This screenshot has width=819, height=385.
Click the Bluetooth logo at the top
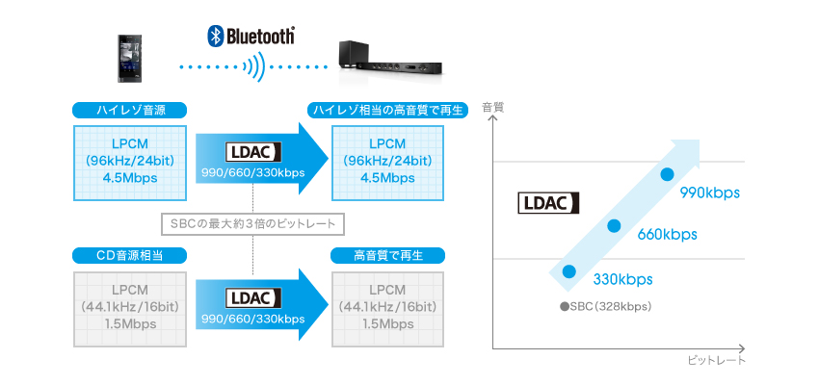click(x=251, y=37)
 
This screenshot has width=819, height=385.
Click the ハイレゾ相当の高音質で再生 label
click(x=387, y=109)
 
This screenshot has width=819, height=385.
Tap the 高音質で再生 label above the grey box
click(x=387, y=255)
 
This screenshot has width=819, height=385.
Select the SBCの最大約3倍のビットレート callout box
click(x=252, y=224)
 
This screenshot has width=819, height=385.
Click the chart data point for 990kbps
click(x=667, y=174)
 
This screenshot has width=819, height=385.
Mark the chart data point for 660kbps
click(x=613, y=225)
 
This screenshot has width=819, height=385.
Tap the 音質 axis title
click(x=492, y=107)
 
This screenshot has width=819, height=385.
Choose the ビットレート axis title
click(x=717, y=361)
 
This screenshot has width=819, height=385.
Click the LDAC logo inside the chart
click(x=548, y=202)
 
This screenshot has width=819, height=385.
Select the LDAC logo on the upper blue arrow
click(x=252, y=152)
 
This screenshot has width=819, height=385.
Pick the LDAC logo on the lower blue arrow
click(x=252, y=298)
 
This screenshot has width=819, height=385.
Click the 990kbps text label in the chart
click(x=709, y=193)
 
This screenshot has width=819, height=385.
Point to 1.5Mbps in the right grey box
click(x=387, y=323)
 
